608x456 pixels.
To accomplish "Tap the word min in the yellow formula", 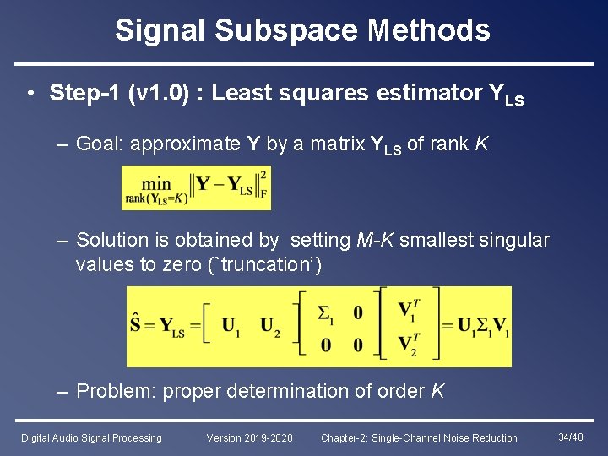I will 156,182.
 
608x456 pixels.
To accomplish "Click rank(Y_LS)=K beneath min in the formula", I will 155,199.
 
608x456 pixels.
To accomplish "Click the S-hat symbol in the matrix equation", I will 136,325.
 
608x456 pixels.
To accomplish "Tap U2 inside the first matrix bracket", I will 270,326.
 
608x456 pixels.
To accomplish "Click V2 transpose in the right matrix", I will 408,345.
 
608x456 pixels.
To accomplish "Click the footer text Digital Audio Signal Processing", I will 91,438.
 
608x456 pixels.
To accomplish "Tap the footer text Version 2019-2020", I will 250,438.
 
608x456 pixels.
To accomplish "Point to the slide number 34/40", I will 571,437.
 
